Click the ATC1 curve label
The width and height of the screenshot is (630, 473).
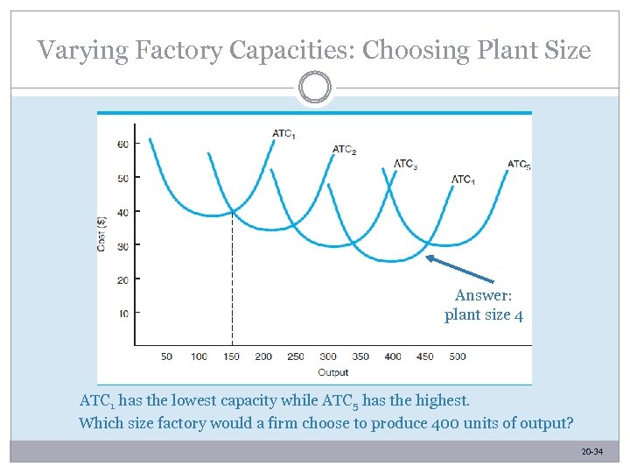pos(283,134)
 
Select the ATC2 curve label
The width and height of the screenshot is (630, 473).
pos(344,151)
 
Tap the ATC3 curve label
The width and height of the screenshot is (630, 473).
pos(405,164)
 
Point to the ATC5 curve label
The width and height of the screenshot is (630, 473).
pos(519,165)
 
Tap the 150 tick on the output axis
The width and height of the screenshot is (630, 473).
pos(231,357)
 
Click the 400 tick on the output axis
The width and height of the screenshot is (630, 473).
pos(393,357)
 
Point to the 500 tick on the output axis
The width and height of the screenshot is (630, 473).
pos(458,357)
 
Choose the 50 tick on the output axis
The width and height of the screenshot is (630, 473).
pos(166,357)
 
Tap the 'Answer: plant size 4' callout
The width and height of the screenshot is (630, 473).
pos(483,305)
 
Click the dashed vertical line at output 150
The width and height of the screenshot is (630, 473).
pos(232,280)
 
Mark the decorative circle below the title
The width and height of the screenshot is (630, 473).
pos(314,88)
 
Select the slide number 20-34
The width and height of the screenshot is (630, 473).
pos(591,452)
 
